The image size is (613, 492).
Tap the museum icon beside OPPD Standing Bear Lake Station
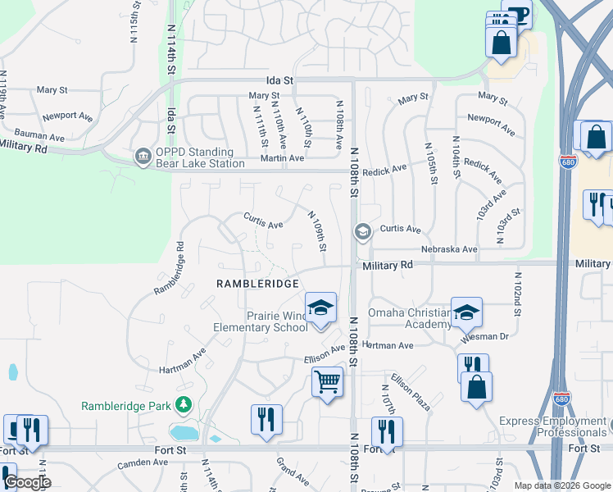(143, 155)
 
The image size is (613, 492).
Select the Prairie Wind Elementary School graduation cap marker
(321, 309)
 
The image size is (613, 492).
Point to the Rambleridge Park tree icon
(184, 405)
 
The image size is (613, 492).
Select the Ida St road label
(279, 80)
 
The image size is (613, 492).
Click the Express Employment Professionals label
(553, 426)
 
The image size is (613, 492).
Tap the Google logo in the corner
(26, 481)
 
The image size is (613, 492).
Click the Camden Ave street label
(143, 464)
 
